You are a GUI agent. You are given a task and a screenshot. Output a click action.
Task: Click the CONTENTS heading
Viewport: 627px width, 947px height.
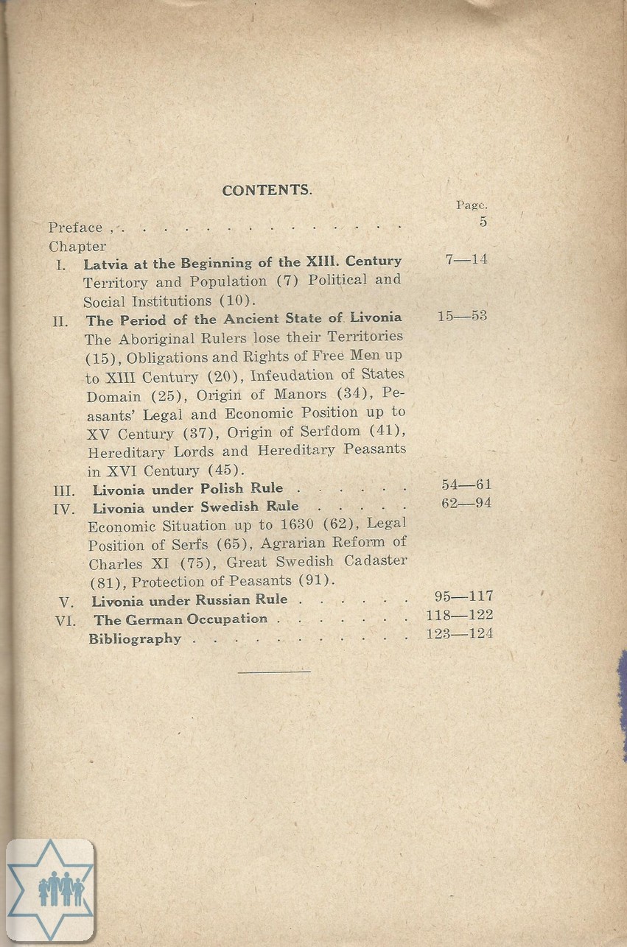click(x=267, y=190)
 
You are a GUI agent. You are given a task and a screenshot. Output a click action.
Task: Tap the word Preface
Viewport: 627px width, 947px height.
click(x=76, y=228)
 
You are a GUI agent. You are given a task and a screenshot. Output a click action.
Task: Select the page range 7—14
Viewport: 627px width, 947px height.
click(x=466, y=260)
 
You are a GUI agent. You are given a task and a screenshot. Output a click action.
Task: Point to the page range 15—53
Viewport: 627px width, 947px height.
click(x=462, y=317)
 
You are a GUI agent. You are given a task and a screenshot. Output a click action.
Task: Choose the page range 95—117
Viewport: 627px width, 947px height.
click(x=463, y=596)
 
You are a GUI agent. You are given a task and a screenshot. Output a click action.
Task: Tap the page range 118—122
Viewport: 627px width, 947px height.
click(x=460, y=615)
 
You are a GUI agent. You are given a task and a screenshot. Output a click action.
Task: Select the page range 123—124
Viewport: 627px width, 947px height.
click(x=460, y=633)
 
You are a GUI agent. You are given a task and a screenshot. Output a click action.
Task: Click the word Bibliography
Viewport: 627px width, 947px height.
click(x=135, y=639)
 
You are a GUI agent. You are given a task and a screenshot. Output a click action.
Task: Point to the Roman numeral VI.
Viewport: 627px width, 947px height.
click(x=66, y=621)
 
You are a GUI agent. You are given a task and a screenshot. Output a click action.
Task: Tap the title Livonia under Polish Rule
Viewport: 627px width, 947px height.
click(x=188, y=489)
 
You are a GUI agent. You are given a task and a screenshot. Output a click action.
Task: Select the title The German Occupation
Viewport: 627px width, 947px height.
click(x=181, y=620)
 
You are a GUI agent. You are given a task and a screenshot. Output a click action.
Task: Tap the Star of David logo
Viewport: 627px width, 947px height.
click(x=50, y=890)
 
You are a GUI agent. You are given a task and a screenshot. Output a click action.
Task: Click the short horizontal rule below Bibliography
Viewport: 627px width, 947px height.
click(x=274, y=671)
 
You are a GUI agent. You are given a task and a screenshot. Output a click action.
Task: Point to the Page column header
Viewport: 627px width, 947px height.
click(x=472, y=206)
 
